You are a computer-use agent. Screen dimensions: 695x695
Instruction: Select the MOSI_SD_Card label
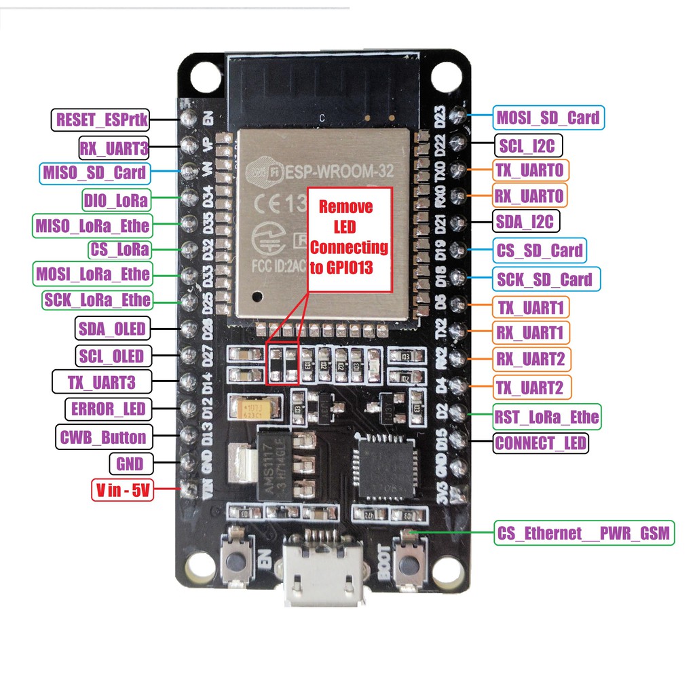point(547,117)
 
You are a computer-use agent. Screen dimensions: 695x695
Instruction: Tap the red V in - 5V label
point(123,491)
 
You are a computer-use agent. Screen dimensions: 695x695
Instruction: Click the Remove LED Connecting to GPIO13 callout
point(350,238)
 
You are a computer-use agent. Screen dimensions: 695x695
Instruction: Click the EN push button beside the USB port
point(236,562)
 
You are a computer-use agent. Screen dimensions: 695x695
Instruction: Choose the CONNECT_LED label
point(541,443)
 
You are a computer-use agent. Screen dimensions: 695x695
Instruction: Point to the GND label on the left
point(130,464)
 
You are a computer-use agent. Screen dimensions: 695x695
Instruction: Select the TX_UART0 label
point(530,170)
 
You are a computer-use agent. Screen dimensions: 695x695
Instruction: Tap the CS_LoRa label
point(119,249)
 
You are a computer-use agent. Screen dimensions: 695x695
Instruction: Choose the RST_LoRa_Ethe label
point(547,416)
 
